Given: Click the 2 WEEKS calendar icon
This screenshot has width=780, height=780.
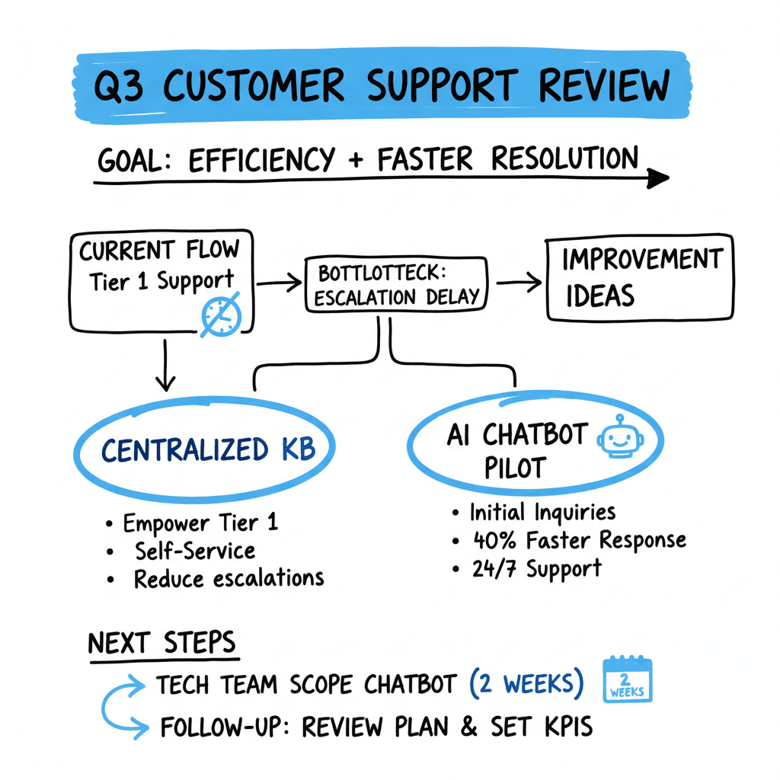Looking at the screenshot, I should tap(627, 679).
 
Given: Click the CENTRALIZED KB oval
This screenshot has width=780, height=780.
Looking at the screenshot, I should tap(206, 449).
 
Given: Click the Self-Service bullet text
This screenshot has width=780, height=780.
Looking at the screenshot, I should tap(195, 550).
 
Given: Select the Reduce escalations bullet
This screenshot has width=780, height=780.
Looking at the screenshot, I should tap(229, 578).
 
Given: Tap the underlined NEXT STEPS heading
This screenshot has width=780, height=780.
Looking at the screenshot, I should tap(162, 644).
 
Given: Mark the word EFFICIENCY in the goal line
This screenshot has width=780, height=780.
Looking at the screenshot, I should tap(261, 160).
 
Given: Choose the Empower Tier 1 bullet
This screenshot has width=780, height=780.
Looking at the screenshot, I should tap(200, 523).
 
